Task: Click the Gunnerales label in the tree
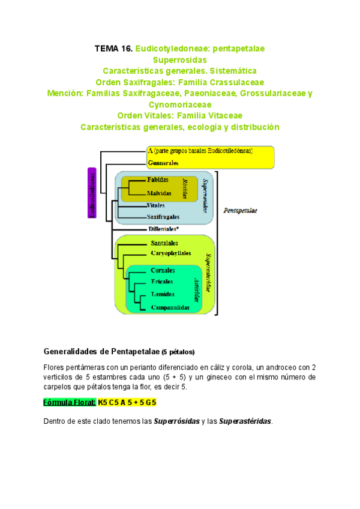coord(163,163)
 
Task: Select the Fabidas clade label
coord(158,180)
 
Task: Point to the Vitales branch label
coord(156,205)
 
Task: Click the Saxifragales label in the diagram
coord(163,217)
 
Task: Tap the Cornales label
coord(164,271)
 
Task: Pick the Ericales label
coord(163,282)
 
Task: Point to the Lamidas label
coord(163,295)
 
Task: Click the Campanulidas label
coord(170,307)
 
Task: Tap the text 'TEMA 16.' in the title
coord(113,48)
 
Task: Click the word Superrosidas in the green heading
coord(179,61)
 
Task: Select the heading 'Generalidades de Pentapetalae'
coord(101,351)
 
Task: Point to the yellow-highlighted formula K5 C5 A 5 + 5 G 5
coord(131,402)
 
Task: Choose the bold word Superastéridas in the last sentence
coord(246,421)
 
